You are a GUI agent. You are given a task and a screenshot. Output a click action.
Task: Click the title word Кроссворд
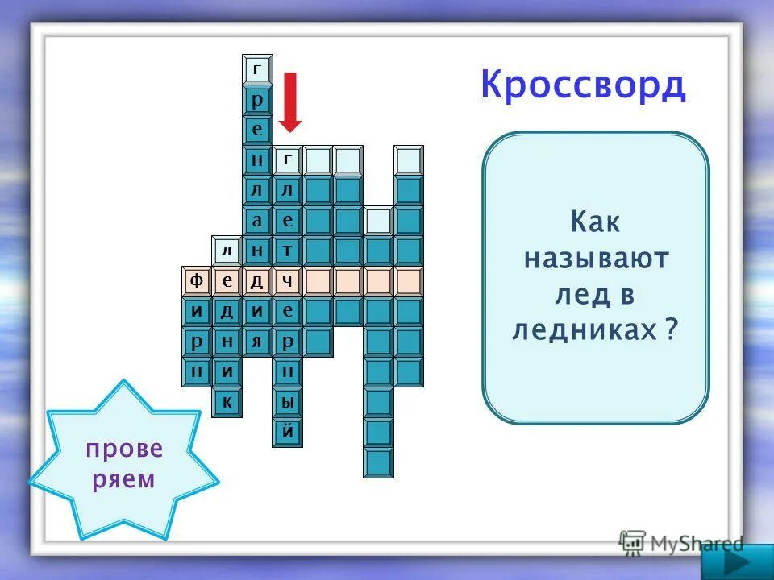583,85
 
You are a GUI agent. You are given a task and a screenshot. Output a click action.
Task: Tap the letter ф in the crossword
196,281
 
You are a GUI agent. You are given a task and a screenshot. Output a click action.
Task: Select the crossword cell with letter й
288,432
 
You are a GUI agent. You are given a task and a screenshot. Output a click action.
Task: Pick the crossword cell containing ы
288,401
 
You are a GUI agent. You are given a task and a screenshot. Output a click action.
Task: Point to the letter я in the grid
257,341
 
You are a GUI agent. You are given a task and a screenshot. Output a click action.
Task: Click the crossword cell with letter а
257,221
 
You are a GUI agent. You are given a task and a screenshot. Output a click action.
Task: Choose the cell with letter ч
288,281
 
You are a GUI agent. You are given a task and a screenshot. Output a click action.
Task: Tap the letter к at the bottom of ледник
227,401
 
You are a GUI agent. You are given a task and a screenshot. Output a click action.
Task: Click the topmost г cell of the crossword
257,70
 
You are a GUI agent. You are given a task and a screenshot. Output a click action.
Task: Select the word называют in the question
597,259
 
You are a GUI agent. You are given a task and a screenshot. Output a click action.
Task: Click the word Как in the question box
596,222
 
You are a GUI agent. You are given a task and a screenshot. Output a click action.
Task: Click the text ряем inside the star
123,480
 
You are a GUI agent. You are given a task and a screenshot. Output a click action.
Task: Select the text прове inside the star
124,448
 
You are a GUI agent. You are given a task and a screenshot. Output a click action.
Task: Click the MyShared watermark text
693,543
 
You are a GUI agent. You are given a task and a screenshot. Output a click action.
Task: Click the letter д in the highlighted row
257,281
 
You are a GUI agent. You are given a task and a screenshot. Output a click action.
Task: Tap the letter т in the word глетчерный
288,251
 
